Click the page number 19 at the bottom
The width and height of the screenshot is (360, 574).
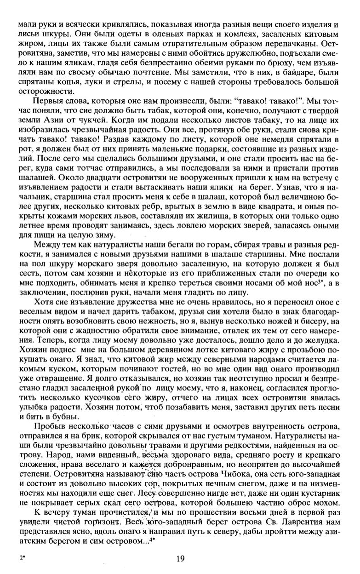tap(180, 559)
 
